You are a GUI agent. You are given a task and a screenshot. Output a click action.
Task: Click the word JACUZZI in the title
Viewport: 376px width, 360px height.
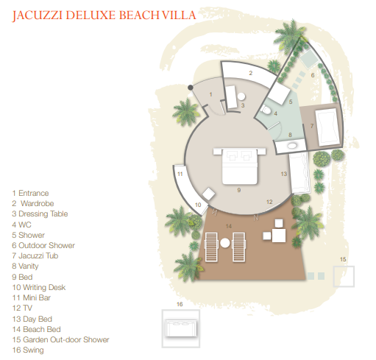(x=37, y=15)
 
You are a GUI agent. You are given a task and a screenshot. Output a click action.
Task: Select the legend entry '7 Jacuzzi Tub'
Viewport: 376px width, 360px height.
(x=35, y=255)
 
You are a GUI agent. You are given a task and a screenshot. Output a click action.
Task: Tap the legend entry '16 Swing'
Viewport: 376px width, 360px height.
(x=28, y=350)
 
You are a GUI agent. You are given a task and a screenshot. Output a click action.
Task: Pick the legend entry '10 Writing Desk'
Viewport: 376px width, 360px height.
(x=39, y=287)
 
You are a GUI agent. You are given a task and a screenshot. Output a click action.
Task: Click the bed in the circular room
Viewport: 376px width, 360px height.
(x=239, y=166)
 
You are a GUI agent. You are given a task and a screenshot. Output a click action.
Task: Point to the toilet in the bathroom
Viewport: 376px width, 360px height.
(x=266, y=110)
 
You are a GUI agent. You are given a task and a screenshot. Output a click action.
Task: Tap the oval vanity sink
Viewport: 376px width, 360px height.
(x=292, y=146)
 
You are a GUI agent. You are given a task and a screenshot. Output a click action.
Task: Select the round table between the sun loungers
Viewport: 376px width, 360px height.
(x=225, y=243)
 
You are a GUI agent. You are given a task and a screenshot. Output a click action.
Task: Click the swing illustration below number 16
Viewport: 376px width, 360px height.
(x=181, y=328)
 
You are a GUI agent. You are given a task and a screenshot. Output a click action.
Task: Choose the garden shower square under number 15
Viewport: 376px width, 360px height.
(x=344, y=276)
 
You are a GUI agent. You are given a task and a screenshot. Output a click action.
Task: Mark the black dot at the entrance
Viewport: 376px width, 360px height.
(x=191, y=88)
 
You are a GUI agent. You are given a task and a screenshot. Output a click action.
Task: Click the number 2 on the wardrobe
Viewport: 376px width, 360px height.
(x=250, y=73)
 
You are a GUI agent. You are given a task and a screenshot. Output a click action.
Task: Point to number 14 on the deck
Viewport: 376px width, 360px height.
(x=229, y=226)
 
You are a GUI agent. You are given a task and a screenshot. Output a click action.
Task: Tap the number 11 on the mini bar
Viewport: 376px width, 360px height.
(x=180, y=174)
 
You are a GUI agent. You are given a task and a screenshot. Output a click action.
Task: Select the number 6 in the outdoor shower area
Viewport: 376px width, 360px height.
(x=313, y=75)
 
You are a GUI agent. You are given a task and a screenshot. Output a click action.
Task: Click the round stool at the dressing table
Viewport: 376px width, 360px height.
(x=241, y=96)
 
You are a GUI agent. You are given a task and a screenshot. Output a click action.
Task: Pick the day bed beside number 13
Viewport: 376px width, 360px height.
(x=299, y=173)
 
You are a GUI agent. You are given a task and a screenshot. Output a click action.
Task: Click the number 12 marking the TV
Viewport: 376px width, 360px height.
(x=269, y=202)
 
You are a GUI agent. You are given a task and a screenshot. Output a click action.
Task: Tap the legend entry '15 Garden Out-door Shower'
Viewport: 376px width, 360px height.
(x=60, y=339)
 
